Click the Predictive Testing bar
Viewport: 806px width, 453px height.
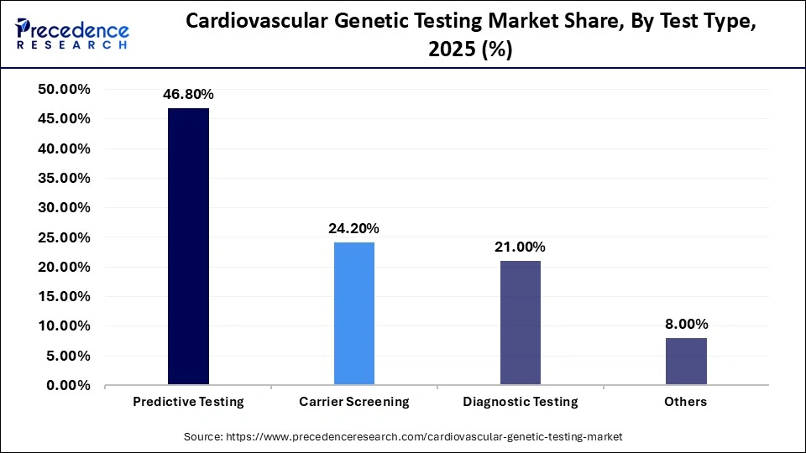[188, 247]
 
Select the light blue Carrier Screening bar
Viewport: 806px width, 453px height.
[354, 314]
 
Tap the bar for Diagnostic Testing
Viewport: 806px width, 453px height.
[521, 323]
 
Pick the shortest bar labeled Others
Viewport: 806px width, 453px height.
[686, 362]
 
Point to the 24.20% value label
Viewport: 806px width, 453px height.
[354, 228]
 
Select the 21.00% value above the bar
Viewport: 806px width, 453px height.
[521, 247]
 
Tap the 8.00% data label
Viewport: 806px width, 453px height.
[686, 324]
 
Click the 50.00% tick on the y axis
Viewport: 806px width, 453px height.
[64, 90]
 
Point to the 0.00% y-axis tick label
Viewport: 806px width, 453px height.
[67, 386]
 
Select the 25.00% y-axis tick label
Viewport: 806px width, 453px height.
[64, 237]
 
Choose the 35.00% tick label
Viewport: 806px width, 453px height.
[64, 179]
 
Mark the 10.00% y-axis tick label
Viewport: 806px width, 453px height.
[64, 326]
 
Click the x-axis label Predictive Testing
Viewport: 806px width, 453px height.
[188, 402]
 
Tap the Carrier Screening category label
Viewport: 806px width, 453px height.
[354, 402]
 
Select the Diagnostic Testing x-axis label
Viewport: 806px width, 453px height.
[521, 402]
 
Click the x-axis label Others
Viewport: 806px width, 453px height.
[686, 402]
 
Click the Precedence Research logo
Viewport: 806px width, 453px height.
[72, 34]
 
